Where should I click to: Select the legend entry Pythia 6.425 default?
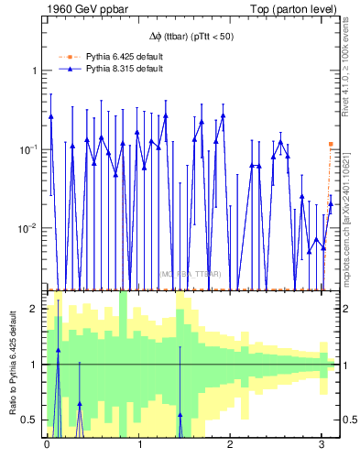pos(125,57)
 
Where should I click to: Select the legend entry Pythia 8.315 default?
pos(125,69)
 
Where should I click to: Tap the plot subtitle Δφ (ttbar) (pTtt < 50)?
pos(191,36)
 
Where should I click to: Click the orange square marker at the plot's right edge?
pos(331,144)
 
